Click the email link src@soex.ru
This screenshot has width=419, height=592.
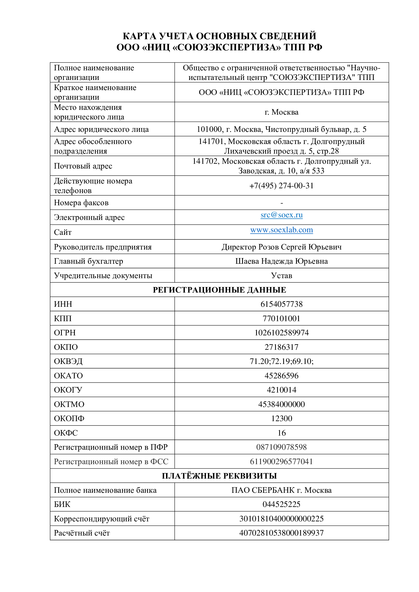coord(281,215)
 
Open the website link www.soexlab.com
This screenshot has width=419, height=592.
coord(281,230)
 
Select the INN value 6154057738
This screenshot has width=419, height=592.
coord(281,304)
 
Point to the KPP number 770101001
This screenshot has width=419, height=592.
coord(281,318)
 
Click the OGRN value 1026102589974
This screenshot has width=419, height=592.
coord(281,333)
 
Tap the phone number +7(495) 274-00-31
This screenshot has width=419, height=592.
coord(281,186)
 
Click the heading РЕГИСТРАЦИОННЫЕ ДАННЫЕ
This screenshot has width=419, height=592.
coord(219,290)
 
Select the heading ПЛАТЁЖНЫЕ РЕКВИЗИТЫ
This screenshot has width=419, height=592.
coord(219,476)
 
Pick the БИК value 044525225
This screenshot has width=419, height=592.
coord(281,504)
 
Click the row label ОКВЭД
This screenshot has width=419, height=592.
coord(68,361)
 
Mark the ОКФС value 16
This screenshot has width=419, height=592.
coord(281,433)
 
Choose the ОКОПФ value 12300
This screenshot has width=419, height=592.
coord(281,418)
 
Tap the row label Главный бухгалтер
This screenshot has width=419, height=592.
coord(88,261)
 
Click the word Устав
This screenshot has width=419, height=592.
coord(281,276)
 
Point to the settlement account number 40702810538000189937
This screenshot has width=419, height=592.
coord(281,533)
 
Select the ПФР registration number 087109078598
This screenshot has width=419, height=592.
coord(281,447)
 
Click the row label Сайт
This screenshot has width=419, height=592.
coord(63,232)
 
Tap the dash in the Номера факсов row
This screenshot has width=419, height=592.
coord(281,203)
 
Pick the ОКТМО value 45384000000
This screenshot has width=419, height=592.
coord(281,404)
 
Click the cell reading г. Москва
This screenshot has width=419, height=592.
coord(281,112)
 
